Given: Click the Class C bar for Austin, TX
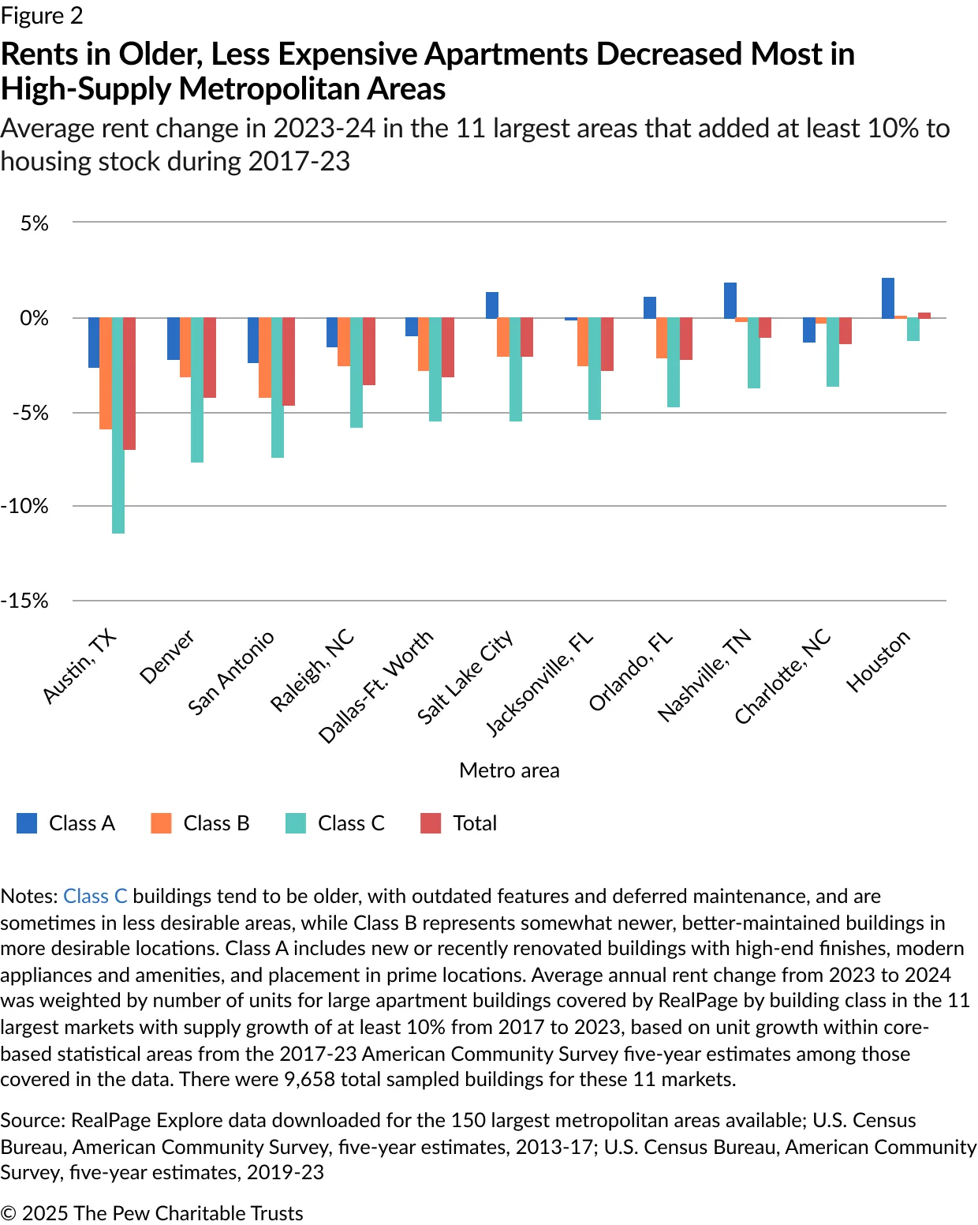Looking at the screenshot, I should [x=118, y=425].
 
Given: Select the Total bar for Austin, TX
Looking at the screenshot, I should [x=129, y=384].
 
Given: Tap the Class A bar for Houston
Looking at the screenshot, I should [x=887, y=298].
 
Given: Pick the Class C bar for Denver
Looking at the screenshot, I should [x=197, y=390].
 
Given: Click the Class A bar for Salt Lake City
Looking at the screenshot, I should [x=491, y=305].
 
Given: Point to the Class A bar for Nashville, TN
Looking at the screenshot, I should [x=730, y=301].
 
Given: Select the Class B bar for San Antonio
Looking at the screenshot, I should [x=265, y=358].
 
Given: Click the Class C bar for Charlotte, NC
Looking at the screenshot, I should [x=833, y=352].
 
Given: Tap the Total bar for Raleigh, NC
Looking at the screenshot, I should [x=368, y=351].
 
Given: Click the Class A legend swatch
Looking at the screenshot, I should [x=27, y=823].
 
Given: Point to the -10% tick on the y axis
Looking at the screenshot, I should [x=24, y=506].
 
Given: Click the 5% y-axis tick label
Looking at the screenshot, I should [x=35, y=223].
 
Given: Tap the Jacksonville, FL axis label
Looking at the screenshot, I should [x=539, y=684].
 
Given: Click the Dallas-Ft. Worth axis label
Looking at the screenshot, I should [x=376, y=686].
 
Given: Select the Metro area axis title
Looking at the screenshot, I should [x=509, y=770].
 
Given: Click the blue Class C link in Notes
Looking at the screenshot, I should [x=95, y=896].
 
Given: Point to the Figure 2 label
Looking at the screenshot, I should [x=42, y=16].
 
